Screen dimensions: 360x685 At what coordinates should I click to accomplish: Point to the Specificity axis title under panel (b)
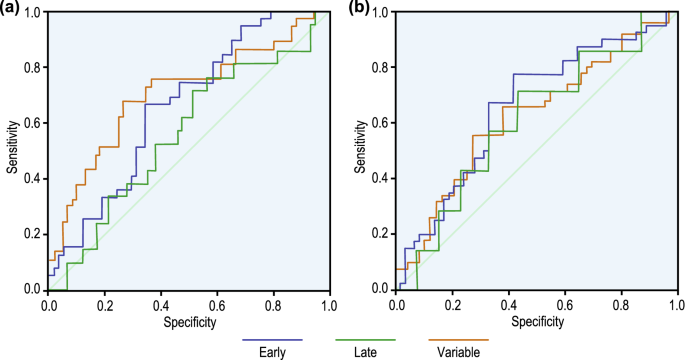[x=536, y=322]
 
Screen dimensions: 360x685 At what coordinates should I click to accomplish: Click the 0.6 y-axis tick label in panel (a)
[x=34, y=123]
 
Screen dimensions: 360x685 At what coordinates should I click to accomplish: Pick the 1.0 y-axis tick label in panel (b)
[x=382, y=12]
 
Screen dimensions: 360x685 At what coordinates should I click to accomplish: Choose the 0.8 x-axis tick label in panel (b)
[x=619, y=304]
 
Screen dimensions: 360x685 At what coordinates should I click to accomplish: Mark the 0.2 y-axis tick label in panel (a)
[x=34, y=234]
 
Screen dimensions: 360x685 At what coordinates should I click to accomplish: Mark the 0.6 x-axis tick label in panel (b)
[x=563, y=304]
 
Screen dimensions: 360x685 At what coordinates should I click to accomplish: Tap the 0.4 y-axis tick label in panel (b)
[x=382, y=178]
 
